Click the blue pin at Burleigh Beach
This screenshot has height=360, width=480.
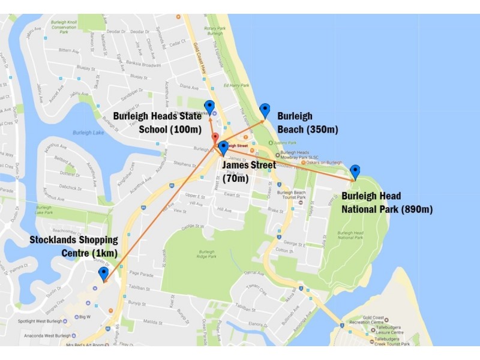[x=265, y=110]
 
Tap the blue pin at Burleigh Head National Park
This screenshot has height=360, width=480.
[x=355, y=172]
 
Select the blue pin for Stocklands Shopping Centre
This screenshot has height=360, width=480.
[x=103, y=274]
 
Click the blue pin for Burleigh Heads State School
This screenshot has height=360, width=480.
[x=209, y=107]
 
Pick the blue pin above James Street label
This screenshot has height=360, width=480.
[x=223, y=148]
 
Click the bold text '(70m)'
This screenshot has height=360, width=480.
[x=235, y=178]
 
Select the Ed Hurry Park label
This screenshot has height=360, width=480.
[x=236, y=85]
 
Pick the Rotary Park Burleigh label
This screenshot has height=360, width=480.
[x=213, y=30]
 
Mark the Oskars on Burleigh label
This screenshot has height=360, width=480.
[x=324, y=163]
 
